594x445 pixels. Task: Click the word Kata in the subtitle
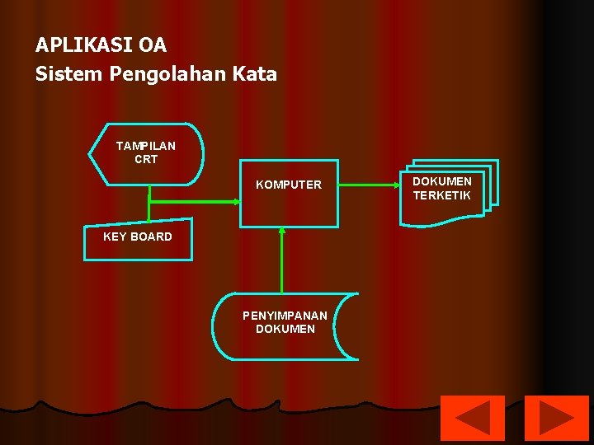254,74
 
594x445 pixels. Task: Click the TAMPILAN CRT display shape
146,153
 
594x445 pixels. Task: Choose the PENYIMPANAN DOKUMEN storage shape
285,326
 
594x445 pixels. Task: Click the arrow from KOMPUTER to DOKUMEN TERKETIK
369,185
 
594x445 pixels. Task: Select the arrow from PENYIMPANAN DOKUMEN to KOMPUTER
282,260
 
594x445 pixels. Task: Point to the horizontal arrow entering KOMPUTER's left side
194,200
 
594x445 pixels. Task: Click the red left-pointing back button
473,418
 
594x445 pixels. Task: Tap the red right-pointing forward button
557,418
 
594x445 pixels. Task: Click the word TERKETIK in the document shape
441,196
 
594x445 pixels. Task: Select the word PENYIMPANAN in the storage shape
285,316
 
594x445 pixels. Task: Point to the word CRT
146,159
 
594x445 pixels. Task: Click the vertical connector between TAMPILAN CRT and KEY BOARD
148,204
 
